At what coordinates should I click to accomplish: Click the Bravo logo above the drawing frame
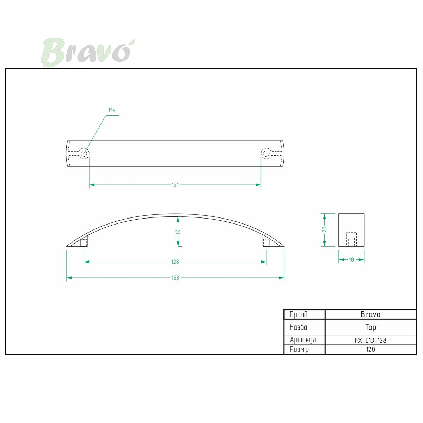[x=88, y=53]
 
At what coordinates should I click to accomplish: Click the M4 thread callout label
[x=112, y=110]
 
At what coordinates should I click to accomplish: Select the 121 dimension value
[x=175, y=185]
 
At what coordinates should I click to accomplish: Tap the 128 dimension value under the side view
[x=175, y=262]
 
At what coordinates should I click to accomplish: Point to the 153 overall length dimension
[x=175, y=278]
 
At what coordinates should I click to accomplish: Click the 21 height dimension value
[x=178, y=232]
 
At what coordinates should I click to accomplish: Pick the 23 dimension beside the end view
[x=324, y=229]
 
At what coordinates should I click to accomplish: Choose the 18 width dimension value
[x=351, y=260]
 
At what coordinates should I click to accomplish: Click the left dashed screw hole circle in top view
[x=84, y=153]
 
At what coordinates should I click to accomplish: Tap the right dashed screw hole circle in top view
[x=266, y=153]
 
